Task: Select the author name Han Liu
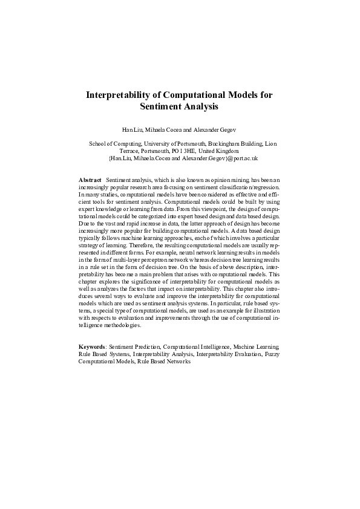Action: point(133,129)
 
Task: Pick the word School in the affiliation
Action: point(98,144)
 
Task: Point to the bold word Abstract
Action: point(90,180)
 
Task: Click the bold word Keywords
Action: point(93,348)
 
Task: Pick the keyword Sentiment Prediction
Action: point(133,348)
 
